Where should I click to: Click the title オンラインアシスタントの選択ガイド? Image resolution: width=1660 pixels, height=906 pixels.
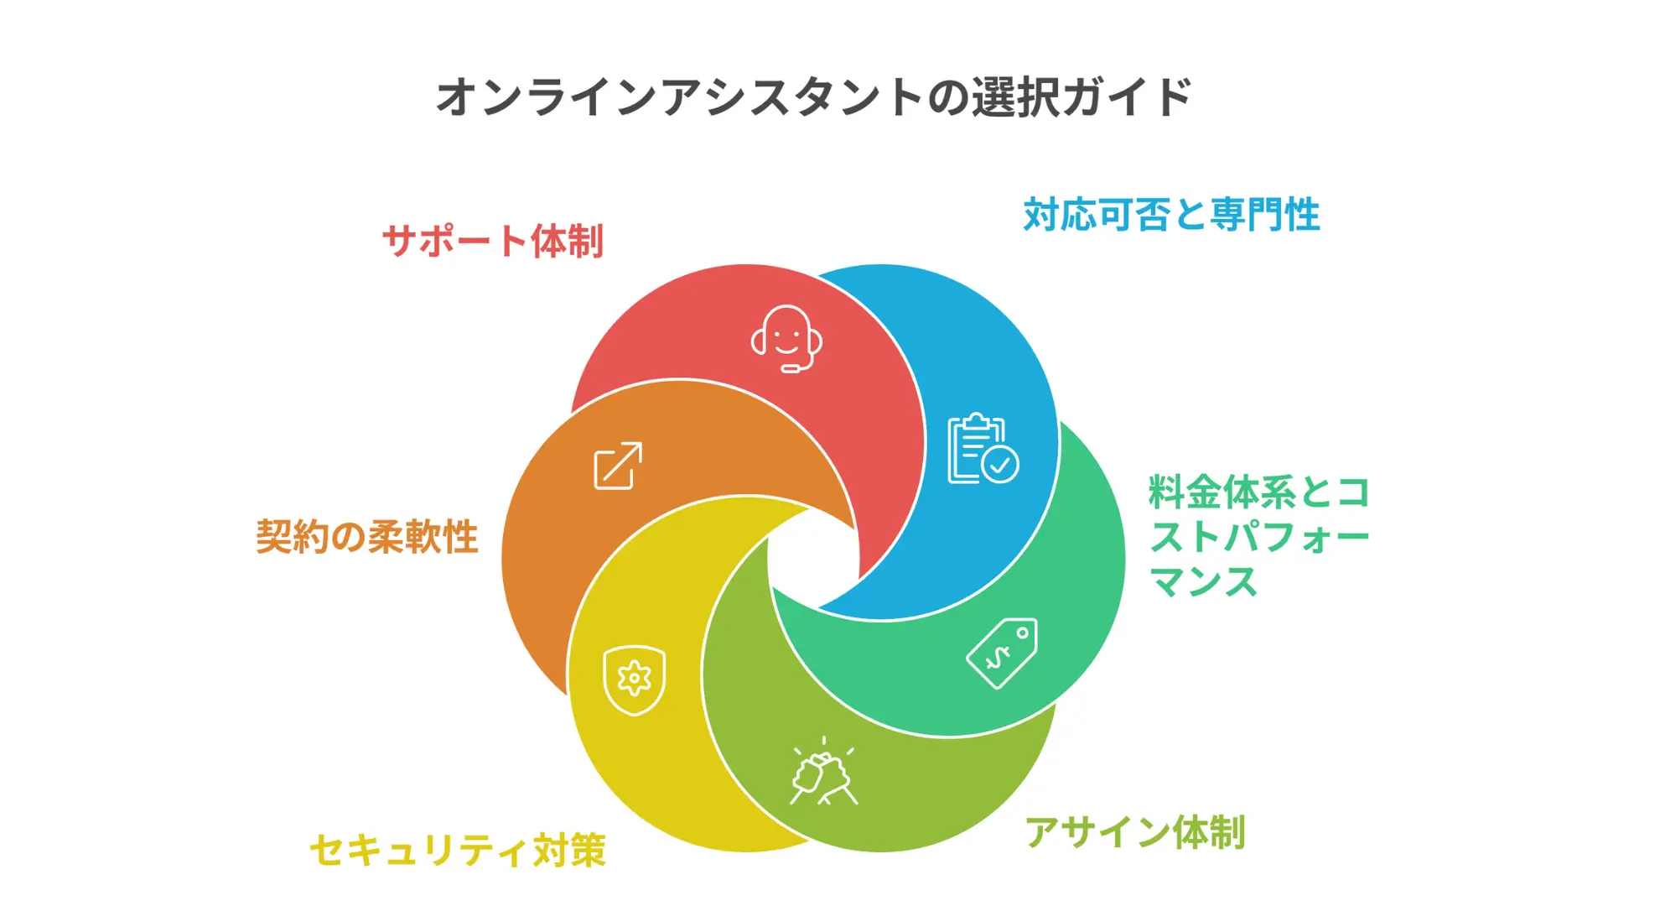[813, 96]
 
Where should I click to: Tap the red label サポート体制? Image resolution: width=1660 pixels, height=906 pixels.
[493, 241]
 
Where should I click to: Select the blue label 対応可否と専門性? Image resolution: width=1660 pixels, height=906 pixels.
[1171, 215]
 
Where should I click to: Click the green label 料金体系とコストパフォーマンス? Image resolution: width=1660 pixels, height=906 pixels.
[1258, 536]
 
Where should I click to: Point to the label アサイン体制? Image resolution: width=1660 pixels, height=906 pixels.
[1134, 832]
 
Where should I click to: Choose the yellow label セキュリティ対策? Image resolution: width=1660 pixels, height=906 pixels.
[458, 850]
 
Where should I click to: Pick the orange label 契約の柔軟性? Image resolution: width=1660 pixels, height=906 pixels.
[366, 537]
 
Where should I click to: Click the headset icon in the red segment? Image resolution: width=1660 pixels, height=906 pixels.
[786, 339]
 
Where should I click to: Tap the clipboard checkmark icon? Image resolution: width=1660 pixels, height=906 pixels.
[982, 449]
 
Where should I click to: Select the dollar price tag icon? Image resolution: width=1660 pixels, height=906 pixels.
[1002, 653]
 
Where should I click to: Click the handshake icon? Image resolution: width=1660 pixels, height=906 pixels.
[823, 773]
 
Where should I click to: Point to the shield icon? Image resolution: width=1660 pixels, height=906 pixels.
[635, 679]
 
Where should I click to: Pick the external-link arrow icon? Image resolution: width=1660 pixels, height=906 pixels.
[618, 466]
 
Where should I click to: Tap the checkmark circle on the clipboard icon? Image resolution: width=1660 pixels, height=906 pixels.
[1000, 464]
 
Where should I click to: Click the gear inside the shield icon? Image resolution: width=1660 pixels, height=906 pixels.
[635, 678]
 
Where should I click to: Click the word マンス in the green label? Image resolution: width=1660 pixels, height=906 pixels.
[1203, 581]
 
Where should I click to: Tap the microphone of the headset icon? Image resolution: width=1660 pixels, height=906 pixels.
[791, 368]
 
